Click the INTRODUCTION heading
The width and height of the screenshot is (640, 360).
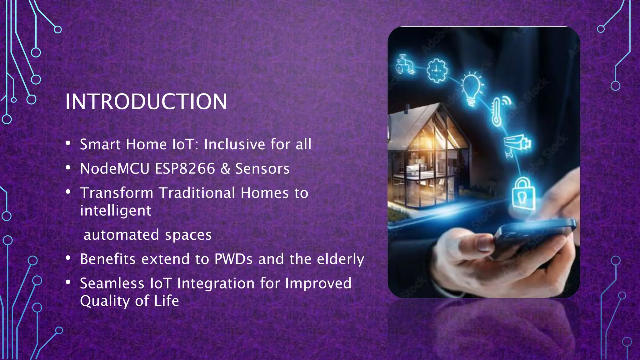click(x=146, y=102)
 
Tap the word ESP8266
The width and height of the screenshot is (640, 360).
click(x=185, y=169)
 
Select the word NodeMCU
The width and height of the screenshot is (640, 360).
click(x=115, y=169)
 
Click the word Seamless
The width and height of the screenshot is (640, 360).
click(x=112, y=283)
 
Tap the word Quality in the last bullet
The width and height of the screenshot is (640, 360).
click(x=105, y=301)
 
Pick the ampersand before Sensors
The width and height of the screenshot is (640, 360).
click(x=225, y=169)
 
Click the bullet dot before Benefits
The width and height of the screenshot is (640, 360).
click(x=68, y=258)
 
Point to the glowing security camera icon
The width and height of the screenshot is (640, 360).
click(x=517, y=144)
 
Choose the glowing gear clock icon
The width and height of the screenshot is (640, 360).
click(x=437, y=71)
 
